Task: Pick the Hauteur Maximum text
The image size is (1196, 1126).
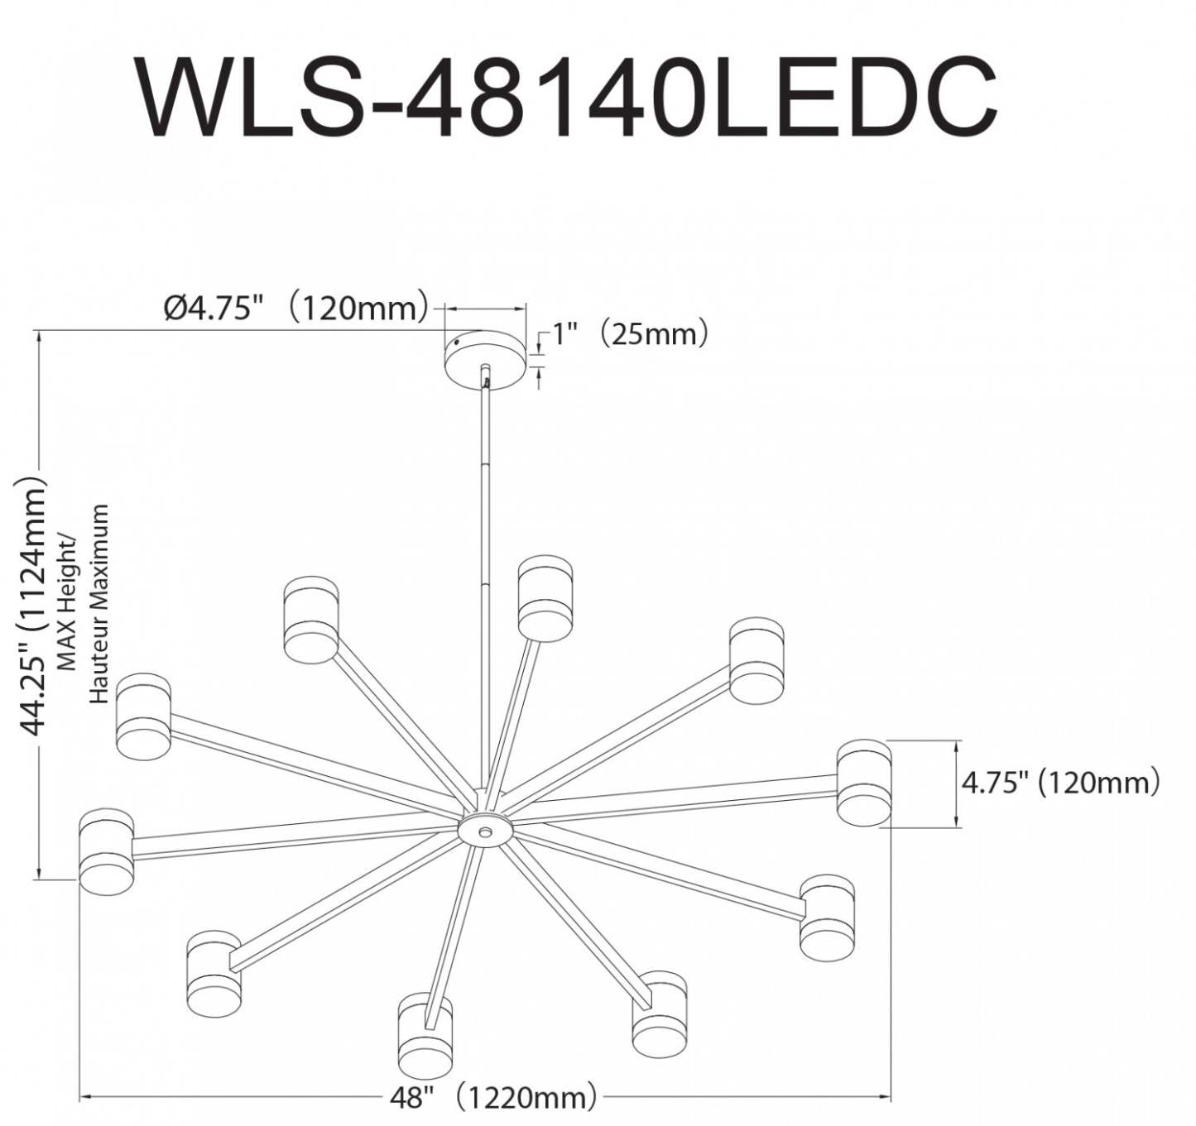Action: (x=99, y=604)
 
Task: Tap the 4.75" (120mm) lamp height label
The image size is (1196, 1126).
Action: (x=1060, y=783)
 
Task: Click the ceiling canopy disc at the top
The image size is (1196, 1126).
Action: (x=485, y=357)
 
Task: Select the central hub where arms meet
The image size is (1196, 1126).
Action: (x=485, y=828)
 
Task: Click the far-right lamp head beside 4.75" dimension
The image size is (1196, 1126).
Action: (x=863, y=783)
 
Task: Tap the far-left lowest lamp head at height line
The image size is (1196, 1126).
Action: (x=106, y=852)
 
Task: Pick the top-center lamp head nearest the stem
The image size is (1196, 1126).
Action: (x=545, y=597)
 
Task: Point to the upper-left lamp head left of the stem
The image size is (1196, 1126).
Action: (x=310, y=620)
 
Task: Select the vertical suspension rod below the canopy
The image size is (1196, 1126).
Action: (x=485, y=579)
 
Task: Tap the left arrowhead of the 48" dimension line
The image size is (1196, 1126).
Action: (x=84, y=1098)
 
